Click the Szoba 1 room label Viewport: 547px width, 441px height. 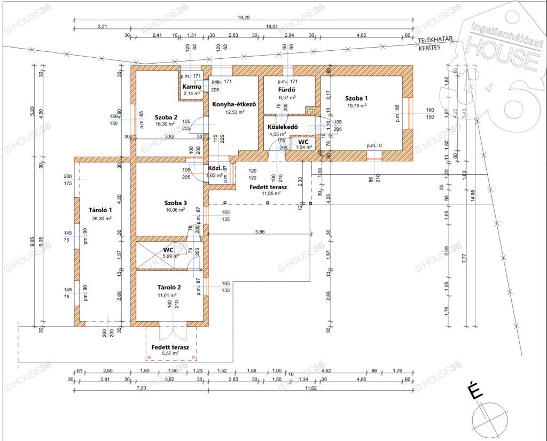pyautogui.click(x=356, y=98)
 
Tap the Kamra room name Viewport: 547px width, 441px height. pyautogui.click(x=191, y=87)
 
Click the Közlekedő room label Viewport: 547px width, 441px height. pyautogui.click(x=282, y=127)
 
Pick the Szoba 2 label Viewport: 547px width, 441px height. pyautogui.click(x=167, y=117)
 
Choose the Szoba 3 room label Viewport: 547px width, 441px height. pyautogui.click(x=175, y=203)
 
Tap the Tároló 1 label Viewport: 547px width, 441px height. pyautogui.click(x=100, y=211)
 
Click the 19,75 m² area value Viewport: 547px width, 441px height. pyautogui.click(x=356, y=106)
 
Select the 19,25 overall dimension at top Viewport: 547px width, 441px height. pyautogui.click(x=244, y=18)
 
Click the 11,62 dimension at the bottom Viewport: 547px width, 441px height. pyautogui.click(x=310, y=388)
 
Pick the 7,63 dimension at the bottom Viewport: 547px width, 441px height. pyautogui.click(x=141, y=388)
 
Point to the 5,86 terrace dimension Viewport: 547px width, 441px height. pyautogui.click(x=260, y=231)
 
